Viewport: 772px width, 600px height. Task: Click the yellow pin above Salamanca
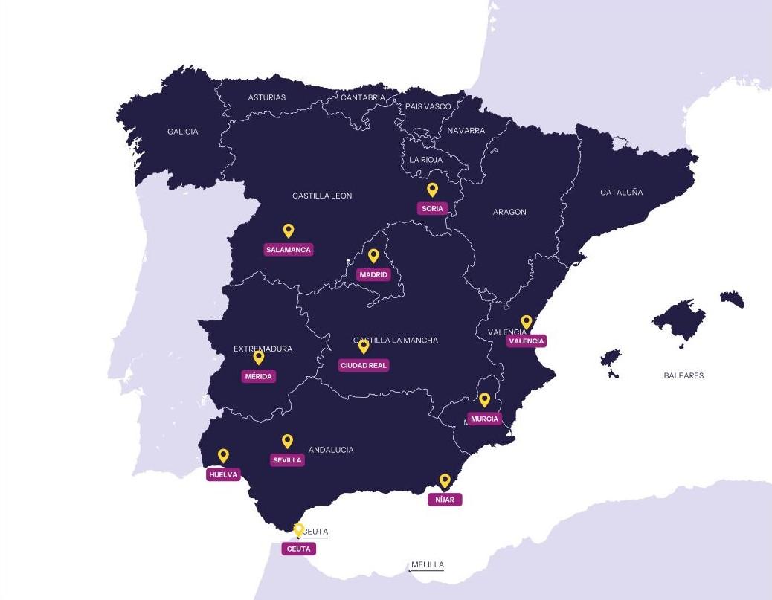click(x=288, y=230)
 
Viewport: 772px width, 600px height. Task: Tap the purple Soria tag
click(x=432, y=208)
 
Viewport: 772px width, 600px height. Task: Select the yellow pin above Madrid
click(x=373, y=255)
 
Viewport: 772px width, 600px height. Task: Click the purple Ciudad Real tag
click(x=364, y=365)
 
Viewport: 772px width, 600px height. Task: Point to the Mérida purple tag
click(x=259, y=376)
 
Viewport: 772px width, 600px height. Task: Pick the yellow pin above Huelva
click(x=223, y=455)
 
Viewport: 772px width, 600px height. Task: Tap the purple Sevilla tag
click(x=287, y=460)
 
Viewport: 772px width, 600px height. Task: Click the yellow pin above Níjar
click(x=445, y=480)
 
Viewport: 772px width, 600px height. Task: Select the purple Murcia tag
click(x=484, y=419)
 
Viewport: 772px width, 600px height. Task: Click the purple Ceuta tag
click(x=298, y=549)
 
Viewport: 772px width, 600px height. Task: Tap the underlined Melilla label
click(x=428, y=565)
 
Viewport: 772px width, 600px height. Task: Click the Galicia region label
click(x=182, y=132)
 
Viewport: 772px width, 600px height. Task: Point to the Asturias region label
click(x=266, y=97)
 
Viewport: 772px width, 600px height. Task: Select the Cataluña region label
click(x=621, y=193)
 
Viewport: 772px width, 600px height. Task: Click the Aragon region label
click(x=509, y=212)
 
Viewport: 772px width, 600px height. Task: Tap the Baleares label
click(x=683, y=375)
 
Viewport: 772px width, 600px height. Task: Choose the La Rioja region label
click(x=425, y=160)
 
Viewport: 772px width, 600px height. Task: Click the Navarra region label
click(x=466, y=131)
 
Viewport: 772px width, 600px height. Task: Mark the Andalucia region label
click(x=331, y=450)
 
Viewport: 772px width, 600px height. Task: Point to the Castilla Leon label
click(x=322, y=196)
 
